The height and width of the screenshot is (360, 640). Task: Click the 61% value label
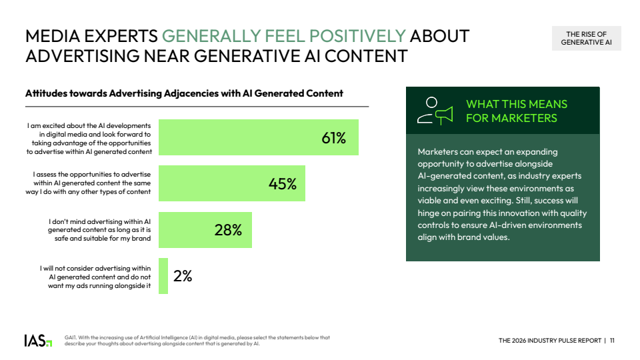pyautogui.click(x=333, y=138)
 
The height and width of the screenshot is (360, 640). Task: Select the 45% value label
pyautogui.click(x=283, y=184)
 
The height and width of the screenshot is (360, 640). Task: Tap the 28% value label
pyautogui.click(x=228, y=230)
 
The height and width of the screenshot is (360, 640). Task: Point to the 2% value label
pyautogui.click(x=183, y=276)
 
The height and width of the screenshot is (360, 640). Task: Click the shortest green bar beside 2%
pyautogui.click(x=163, y=276)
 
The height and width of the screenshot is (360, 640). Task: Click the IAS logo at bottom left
pyautogui.click(x=38, y=341)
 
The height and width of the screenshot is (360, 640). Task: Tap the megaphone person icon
pyautogui.click(x=434, y=111)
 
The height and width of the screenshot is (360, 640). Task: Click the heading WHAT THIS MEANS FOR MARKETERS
pyautogui.click(x=516, y=111)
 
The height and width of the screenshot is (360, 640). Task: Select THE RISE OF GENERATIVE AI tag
pyautogui.click(x=586, y=39)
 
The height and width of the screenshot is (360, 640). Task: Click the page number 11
pyautogui.click(x=612, y=341)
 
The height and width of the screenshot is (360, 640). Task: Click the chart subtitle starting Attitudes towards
pyautogui.click(x=184, y=93)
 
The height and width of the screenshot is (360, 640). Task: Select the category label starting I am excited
pyautogui.click(x=89, y=138)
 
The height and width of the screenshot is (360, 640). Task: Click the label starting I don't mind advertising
pyautogui.click(x=99, y=230)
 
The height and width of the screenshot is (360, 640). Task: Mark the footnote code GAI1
pyautogui.click(x=71, y=337)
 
